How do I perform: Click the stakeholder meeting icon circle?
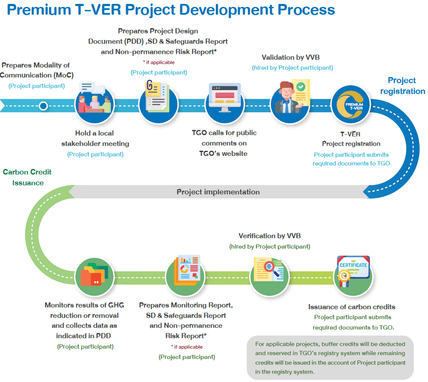[x=94, y=104]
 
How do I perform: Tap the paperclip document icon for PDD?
[x=159, y=98]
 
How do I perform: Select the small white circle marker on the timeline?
[x=43, y=106]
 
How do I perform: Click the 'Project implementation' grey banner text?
[x=218, y=192]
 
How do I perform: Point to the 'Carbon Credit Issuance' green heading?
[x=27, y=177]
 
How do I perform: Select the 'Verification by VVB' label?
[x=269, y=236]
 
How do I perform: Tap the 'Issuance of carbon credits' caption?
[x=351, y=307]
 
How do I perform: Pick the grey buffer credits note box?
[x=330, y=357]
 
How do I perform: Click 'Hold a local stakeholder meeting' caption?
[x=95, y=138]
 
